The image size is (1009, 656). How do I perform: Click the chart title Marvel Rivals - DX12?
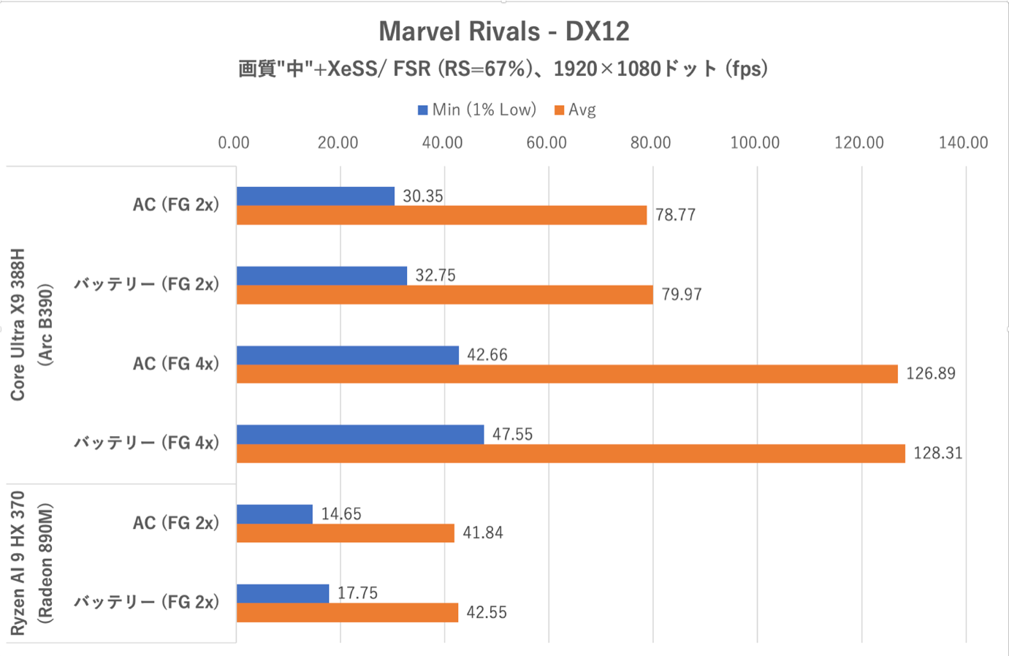[503, 31]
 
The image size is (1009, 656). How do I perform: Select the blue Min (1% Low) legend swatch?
[422, 110]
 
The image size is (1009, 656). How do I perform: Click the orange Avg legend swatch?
[559, 110]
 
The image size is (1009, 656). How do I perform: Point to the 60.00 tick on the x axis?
[547, 142]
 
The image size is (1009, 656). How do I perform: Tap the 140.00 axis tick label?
[963, 142]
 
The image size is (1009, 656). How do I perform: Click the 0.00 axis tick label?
[234, 142]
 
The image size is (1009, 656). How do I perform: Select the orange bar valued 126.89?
[567, 374]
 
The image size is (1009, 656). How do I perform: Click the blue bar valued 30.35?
[316, 196]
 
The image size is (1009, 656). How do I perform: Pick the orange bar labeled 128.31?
[571, 454]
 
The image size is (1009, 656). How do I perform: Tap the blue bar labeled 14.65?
[275, 514]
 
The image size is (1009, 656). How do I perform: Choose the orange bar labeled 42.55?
[347, 613]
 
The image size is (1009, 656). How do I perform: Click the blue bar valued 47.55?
[360, 435]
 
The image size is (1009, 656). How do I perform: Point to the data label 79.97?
[682, 295]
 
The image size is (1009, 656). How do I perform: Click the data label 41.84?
[483, 533]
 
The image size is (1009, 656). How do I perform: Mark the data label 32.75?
[435, 275]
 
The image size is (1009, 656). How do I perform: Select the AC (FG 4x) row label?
[175, 364]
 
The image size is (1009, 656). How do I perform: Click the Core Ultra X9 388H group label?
[18, 324]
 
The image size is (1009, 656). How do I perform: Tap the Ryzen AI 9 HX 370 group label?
[18, 563]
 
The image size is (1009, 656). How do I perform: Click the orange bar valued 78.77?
[441, 216]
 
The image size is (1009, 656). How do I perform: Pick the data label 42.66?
[487, 355]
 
